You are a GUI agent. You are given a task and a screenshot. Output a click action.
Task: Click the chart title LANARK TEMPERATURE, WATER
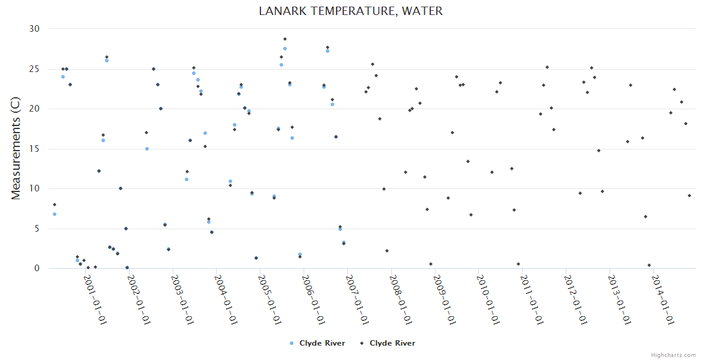[350, 11]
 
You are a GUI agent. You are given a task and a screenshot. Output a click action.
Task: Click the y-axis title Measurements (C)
[16, 149]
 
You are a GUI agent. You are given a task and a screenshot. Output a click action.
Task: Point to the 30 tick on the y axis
[34, 29]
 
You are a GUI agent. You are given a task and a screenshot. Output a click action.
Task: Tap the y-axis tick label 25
[34, 69]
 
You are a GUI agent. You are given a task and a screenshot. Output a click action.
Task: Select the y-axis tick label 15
[34, 149]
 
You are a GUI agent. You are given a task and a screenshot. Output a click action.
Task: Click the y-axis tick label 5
[37, 229]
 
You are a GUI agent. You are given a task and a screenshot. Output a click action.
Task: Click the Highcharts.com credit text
[673, 355]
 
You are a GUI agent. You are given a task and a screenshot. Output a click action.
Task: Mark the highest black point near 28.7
[285, 39]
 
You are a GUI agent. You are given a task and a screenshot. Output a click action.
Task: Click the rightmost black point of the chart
[689, 196]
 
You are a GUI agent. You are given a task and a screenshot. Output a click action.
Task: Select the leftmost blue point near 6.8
[55, 214]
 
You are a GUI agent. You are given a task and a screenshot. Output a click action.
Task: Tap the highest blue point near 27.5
[285, 49]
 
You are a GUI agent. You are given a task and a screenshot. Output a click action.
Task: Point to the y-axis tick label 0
[37, 268]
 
